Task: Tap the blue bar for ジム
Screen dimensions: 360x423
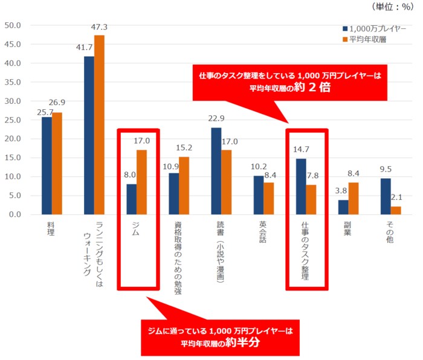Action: tap(131, 199)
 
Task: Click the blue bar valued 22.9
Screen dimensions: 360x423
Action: tap(216, 172)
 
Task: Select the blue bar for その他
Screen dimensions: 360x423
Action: tap(385, 197)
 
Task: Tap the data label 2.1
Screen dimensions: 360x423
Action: tap(396, 198)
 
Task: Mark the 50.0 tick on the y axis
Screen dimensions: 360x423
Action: tap(13, 25)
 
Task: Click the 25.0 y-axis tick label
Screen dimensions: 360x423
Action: tap(13, 120)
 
